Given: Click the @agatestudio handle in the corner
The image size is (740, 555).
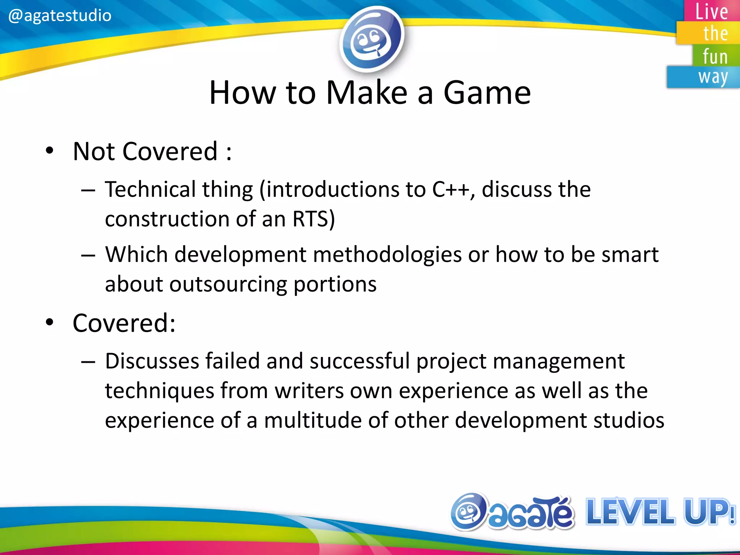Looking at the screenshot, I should tap(60, 16).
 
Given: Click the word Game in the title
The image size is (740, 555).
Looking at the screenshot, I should tap(487, 93).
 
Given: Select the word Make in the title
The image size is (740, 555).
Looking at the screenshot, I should tap(367, 93).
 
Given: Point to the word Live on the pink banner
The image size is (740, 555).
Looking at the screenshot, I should tap(711, 12).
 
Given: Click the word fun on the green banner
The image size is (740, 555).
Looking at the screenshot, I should tap(715, 57).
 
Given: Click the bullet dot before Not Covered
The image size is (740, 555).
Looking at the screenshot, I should tap(50, 151).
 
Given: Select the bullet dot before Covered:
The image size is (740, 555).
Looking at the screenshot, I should tap(50, 322).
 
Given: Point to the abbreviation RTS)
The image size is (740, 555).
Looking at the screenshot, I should tap(314, 219).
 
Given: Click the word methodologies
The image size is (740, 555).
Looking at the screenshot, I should tap(387, 255).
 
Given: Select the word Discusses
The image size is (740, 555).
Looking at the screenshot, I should tap(152, 361).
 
